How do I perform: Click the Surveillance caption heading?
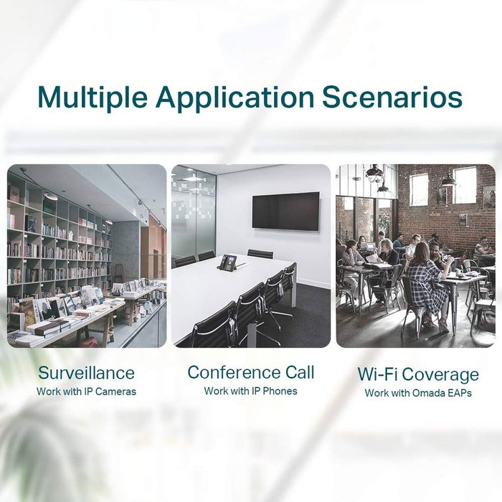pos(86,373)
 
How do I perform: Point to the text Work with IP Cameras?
pos(86,392)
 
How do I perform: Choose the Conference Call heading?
pos(250,372)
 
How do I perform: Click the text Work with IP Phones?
pos(250,391)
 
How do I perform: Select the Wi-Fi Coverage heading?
pos(417,374)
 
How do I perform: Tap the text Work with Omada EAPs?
pos(417,393)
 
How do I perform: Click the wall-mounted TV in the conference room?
pos(285,211)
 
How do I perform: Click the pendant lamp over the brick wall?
pos(447,179)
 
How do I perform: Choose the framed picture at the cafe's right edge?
pos(488,196)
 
